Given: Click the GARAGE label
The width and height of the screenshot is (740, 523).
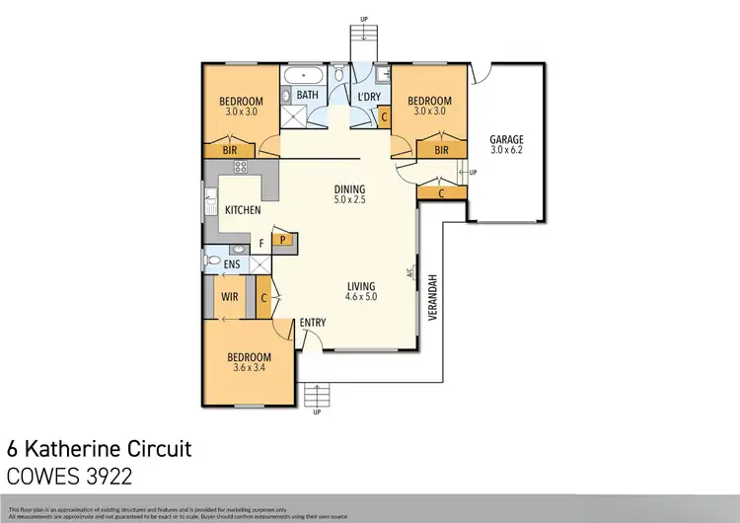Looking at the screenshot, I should tap(506, 140).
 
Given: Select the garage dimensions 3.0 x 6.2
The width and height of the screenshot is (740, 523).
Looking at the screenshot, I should tap(506, 152).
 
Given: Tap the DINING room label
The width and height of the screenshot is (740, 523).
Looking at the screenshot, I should tap(349, 188).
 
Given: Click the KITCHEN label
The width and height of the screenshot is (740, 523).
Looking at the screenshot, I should tap(243, 210).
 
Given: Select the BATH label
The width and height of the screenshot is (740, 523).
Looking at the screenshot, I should tap(309, 96).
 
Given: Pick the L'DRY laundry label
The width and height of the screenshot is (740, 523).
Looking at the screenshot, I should tap(369, 96).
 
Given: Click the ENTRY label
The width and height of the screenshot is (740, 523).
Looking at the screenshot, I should tap(313, 323).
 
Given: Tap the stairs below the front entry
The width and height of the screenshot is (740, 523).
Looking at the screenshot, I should tap(316, 396).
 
